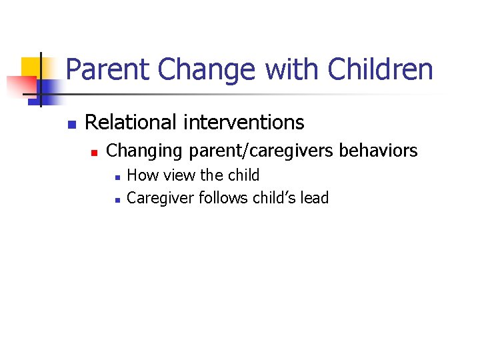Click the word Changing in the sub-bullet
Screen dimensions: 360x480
[145, 151]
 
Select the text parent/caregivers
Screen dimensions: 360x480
[261, 151]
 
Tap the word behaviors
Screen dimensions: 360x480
[379, 151]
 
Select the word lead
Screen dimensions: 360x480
[315, 198]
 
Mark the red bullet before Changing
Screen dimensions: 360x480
[95, 153]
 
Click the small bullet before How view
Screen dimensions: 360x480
[117, 177]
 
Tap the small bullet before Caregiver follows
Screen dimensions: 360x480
[117, 199]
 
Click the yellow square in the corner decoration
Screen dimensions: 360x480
[31, 67]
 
